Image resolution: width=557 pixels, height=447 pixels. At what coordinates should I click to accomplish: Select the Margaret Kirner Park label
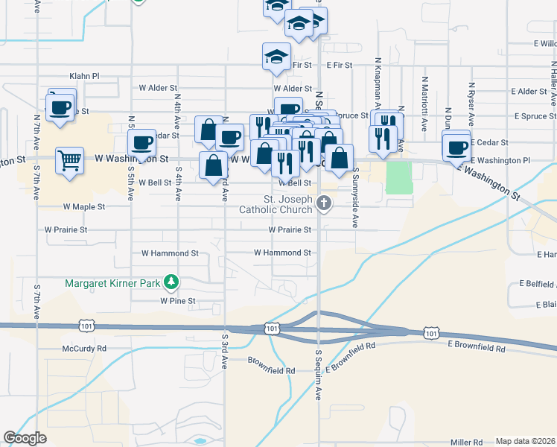113,282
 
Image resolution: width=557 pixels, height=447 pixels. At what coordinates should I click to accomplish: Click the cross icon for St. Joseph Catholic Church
324,203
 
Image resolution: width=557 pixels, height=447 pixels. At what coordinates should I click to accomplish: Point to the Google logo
25,438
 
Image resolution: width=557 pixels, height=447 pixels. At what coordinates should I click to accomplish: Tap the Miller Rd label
467,441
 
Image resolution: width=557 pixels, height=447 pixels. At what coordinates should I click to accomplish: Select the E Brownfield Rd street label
477,348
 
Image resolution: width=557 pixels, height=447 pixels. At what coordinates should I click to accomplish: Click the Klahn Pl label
84,76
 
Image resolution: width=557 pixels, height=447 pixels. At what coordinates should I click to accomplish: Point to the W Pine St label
177,301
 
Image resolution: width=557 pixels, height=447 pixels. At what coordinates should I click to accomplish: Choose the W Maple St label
84,206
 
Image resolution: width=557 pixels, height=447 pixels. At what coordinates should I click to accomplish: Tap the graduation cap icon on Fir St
276,57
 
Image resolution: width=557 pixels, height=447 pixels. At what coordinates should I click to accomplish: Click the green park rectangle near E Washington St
399,177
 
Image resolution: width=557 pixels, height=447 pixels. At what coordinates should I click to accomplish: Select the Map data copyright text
525,441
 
